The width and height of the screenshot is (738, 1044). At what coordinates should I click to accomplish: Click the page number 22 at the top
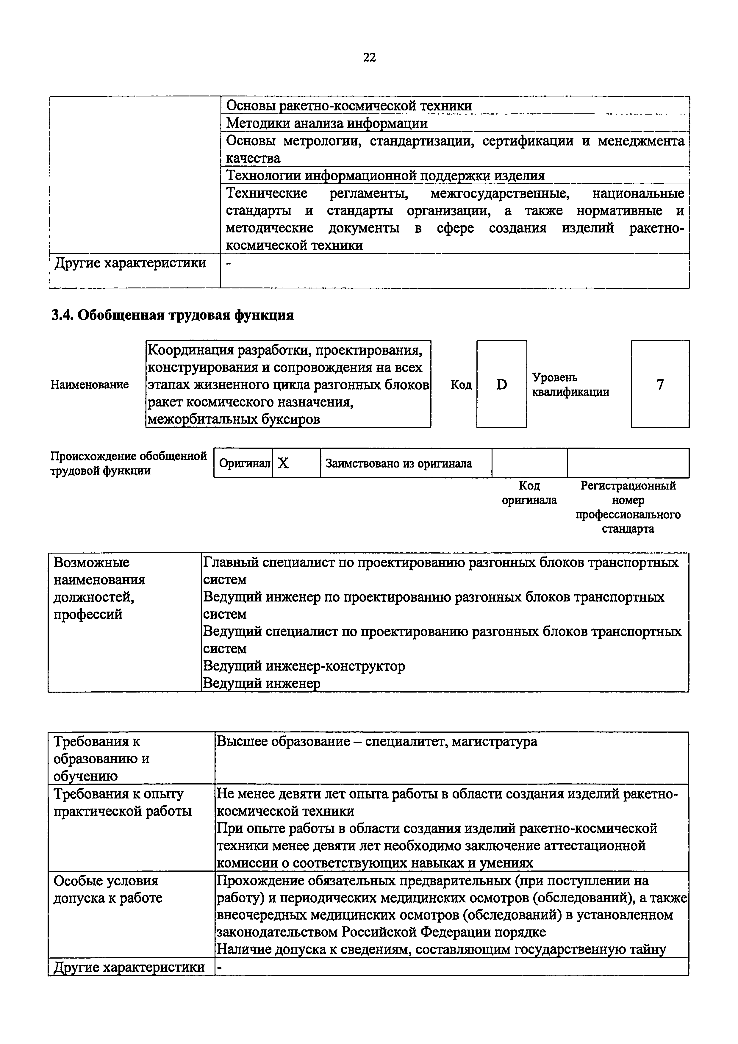pyautogui.click(x=369, y=57)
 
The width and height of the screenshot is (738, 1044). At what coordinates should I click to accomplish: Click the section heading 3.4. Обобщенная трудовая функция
pyautogui.click(x=172, y=315)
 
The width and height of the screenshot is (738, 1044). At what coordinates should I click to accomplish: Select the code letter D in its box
pyautogui.click(x=501, y=385)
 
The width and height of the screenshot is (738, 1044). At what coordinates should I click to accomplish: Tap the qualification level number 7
pyautogui.click(x=660, y=385)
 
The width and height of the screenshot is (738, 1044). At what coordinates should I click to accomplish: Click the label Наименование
pyautogui.click(x=90, y=385)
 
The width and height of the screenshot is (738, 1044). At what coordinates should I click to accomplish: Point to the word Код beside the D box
pyautogui.click(x=461, y=385)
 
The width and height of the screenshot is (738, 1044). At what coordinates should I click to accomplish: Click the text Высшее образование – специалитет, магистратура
pyautogui.click(x=376, y=742)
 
